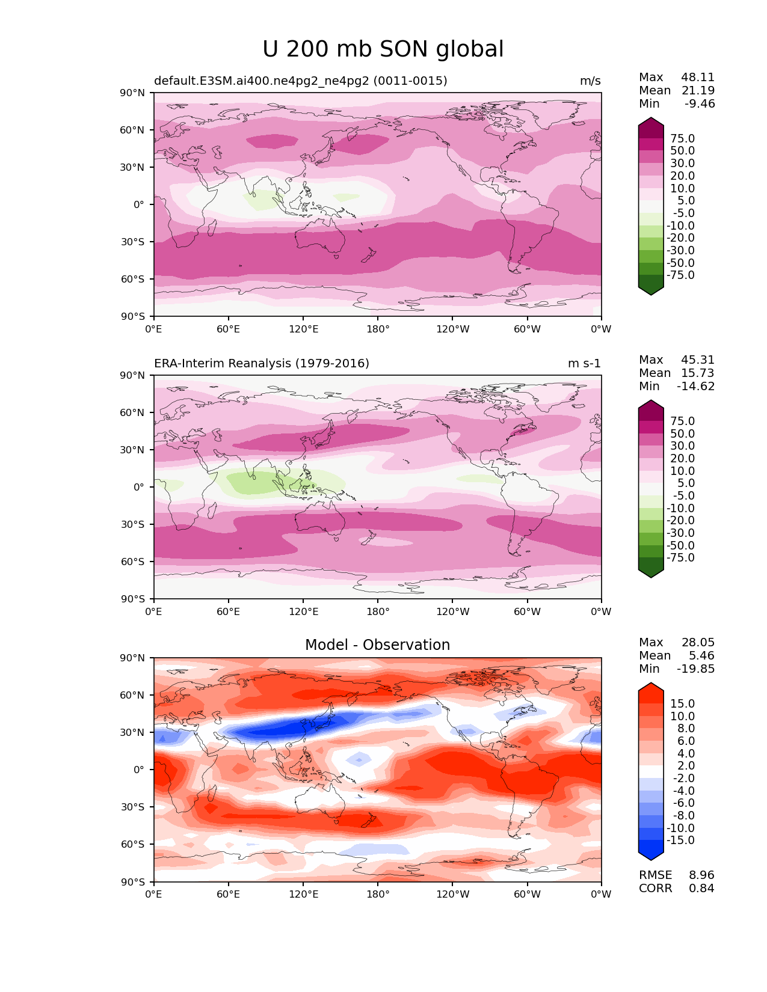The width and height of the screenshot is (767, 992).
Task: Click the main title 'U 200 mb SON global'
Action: [383, 49]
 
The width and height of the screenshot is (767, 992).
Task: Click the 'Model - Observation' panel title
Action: [377, 645]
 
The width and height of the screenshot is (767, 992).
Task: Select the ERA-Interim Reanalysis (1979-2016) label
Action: [262, 364]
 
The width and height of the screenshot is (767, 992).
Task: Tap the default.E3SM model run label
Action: [301, 81]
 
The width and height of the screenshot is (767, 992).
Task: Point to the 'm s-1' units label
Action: [584, 364]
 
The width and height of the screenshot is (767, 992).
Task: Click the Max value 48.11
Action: [698, 78]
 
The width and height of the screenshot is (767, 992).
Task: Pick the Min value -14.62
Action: [696, 387]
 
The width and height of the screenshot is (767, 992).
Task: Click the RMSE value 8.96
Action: [701, 875]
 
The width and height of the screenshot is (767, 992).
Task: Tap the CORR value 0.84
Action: [701, 889]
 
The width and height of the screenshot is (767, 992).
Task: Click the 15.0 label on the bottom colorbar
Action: [682, 704]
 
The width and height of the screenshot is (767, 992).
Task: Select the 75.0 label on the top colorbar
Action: [682, 139]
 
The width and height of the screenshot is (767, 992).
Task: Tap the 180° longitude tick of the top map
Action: [378, 329]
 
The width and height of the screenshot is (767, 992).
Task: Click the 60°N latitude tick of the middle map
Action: [134, 413]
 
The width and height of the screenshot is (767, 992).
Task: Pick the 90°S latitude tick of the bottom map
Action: [134, 882]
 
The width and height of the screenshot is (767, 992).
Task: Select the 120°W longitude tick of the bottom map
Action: [452, 895]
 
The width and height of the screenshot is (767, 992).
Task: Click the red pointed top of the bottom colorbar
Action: [651, 687]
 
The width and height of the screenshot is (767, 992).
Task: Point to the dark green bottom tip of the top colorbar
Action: [651, 291]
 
